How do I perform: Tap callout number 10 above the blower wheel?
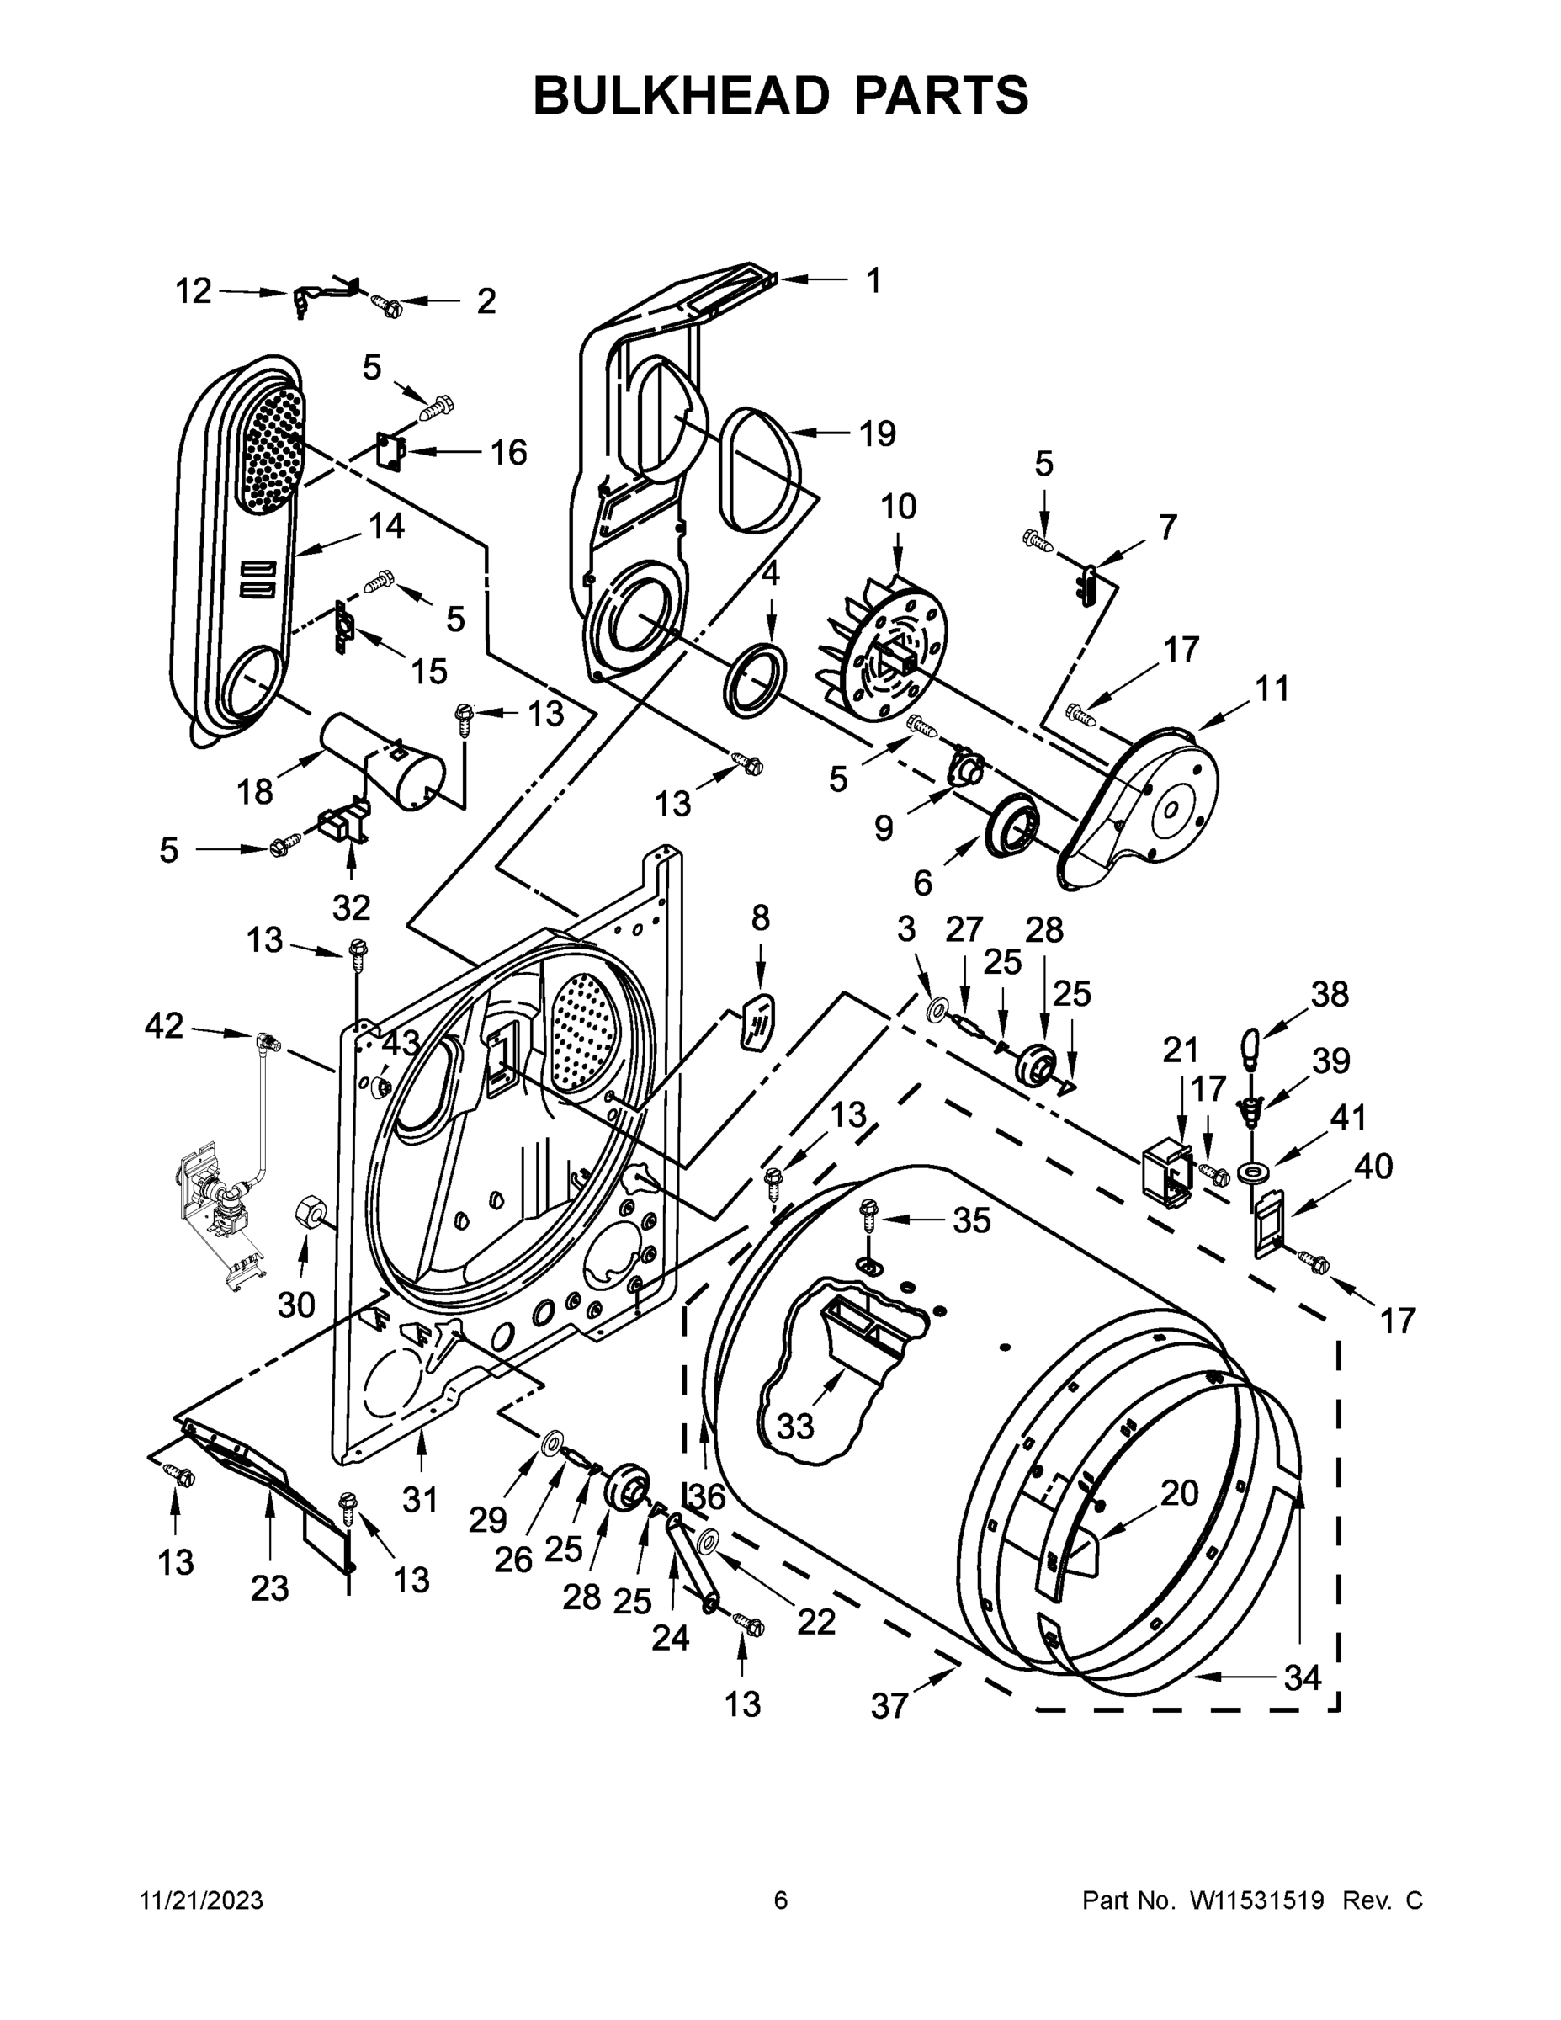click(x=898, y=506)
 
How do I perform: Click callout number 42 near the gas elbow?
click(x=164, y=1026)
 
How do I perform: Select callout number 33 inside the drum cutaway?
click(x=794, y=1427)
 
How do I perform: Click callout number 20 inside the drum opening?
click(x=1179, y=1493)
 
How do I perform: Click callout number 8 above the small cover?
click(x=760, y=918)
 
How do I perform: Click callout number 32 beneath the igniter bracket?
click(x=352, y=907)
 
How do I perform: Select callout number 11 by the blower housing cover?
click(x=1272, y=688)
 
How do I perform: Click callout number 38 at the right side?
click(x=1330, y=994)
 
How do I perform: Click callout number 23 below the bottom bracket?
click(x=269, y=1588)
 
